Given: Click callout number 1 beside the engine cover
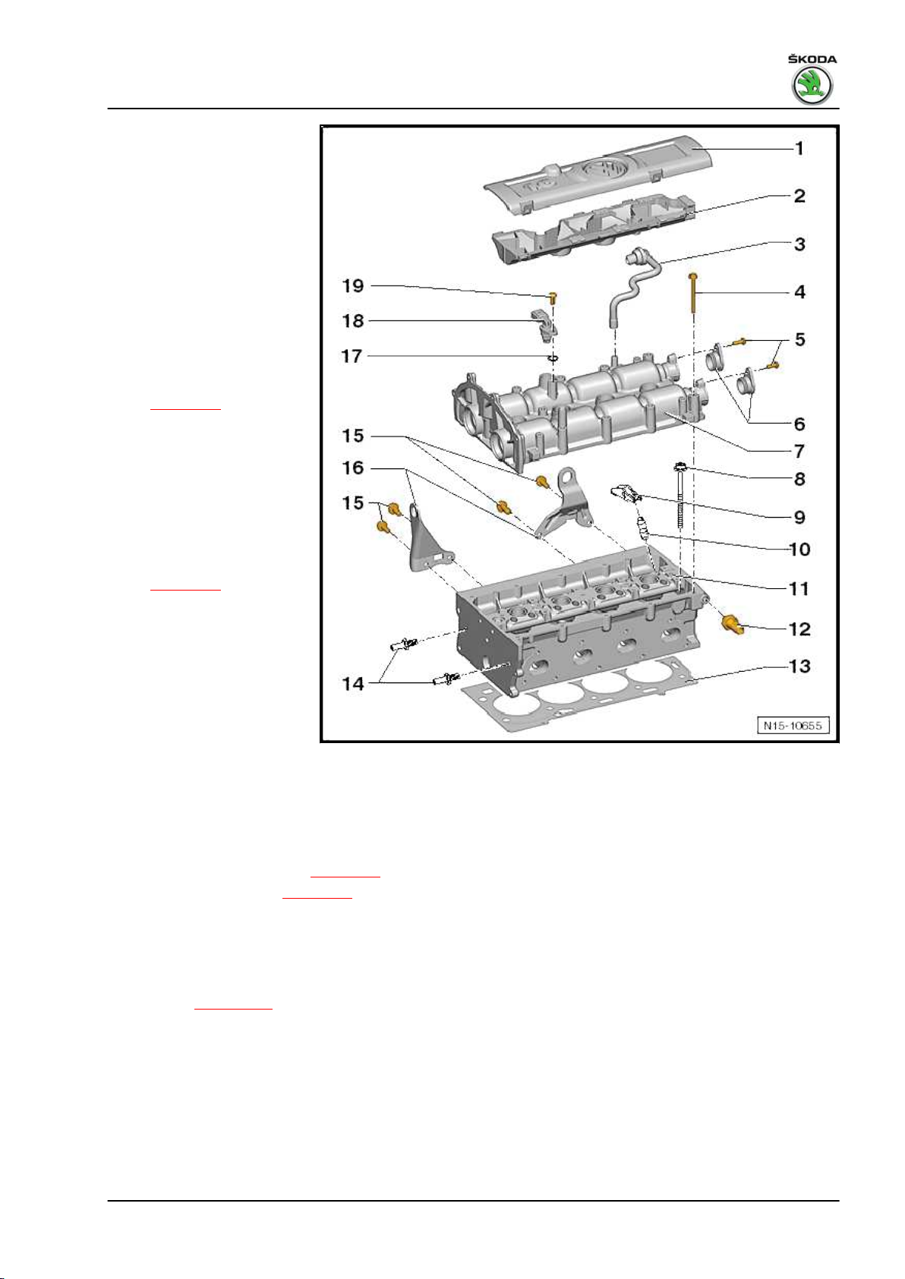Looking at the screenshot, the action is pyautogui.click(x=799, y=148).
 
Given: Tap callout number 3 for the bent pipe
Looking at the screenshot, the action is pyautogui.click(x=799, y=244).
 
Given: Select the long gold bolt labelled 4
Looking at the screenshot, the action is pyautogui.click(x=694, y=304).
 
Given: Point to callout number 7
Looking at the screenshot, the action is pyautogui.click(x=799, y=451).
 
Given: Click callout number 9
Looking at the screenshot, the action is pyautogui.click(x=799, y=517).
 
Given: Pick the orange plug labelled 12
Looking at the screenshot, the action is pyautogui.click(x=732, y=625).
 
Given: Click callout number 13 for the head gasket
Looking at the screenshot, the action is pyautogui.click(x=799, y=666).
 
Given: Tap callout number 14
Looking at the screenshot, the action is pyautogui.click(x=353, y=684).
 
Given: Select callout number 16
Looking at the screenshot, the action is pyautogui.click(x=353, y=468).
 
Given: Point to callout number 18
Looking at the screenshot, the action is pyautogui.click(x=353, y=321).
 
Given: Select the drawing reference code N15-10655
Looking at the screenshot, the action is pyautogui.click(x=793, y=726).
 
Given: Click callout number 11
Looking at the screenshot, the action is pyautogui.click(x=799, y=589).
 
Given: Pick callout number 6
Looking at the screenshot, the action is pyautogui.click(x=799, y=424).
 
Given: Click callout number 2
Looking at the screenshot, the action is pyautogui.click(x=799, y=196).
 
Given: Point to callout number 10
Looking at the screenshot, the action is pyautogui.click(x=799, y=549).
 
